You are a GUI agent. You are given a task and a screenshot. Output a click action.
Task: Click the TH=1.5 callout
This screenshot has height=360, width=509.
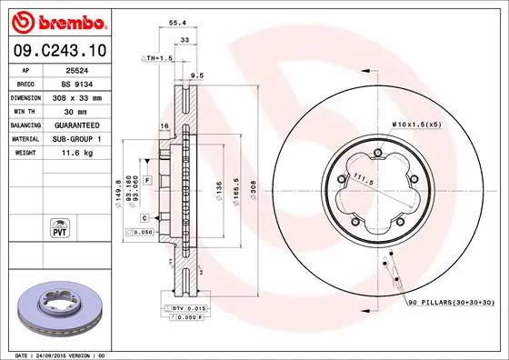coord(157,58)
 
